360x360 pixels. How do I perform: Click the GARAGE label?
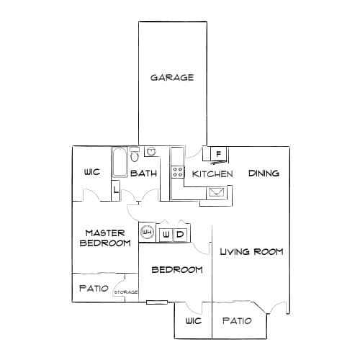pyautogui.click(x=172, y=78)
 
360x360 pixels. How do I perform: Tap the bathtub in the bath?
pyautogui.click(x=120, y=163)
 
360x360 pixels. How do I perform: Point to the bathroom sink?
pyautogui.click(x=151, y=151)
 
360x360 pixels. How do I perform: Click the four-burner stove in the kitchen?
pyautogui.click(x=178, y=172)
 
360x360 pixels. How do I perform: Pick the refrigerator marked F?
pyautogui.click(x=218, y=154)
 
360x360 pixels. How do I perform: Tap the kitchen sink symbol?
pyautogui.click(x=217, y=192)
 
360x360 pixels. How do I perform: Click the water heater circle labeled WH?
pyautogui.click(x=147, y=232)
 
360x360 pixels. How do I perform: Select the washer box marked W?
pyautogui.click(x=166, y=235)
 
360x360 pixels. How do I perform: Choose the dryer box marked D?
pyautogui.click(x=180, y=235)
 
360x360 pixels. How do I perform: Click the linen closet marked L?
pyautogui.click(x=116, y=190)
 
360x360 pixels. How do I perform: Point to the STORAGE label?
pyautogui.click(x=126, y=292)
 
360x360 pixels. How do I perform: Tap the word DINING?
pyautogui.click(x=264, y=174)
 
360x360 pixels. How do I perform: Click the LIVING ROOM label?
pyautogui.click(x=252, y=252)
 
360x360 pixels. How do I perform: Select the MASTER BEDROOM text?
pyautogui.click(x=105, y=238)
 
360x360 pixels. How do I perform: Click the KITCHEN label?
pyautogui.click(x=212, y=174)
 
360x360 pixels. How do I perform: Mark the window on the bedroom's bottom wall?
pyautogui.click(x=157, y=302)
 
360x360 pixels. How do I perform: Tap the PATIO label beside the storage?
pyautogui.click(x=94, y=288)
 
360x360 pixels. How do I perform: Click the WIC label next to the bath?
pyautogui.click(x=92, y=172)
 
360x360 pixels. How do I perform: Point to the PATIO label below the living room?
pyautogui.click(x=237, y=320)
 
